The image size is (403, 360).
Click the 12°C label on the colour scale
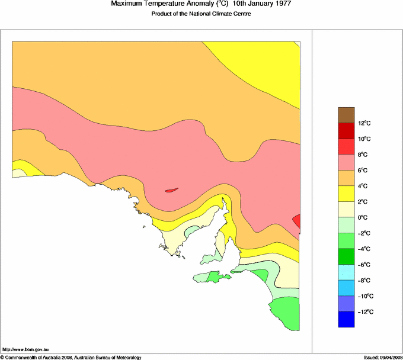[364, 123]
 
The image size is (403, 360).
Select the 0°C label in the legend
[363, 217]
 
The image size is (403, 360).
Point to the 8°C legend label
[363, 155]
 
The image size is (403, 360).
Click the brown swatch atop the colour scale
[346, 114]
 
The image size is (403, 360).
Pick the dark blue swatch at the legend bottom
[346, 320]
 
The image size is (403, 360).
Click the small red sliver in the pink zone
[171, 190]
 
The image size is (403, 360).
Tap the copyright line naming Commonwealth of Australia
[71, 357]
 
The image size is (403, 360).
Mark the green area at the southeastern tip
[284, 311]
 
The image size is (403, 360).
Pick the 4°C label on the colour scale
[363, 186]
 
